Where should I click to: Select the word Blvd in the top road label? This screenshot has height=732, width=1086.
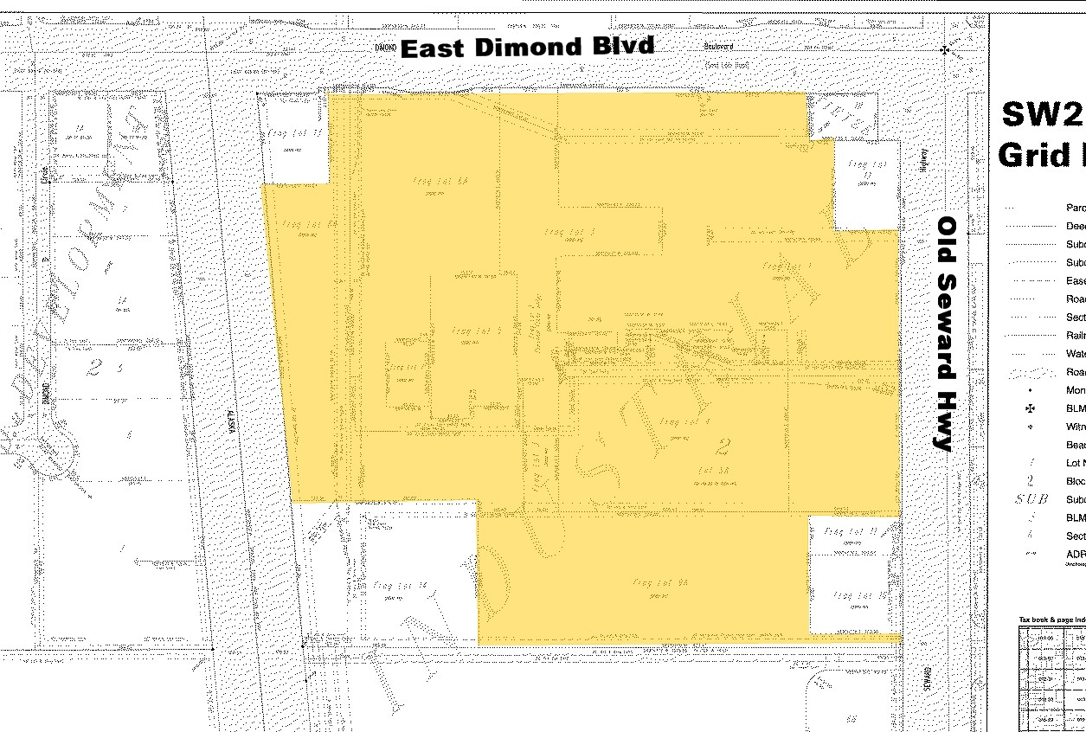(x=623, y=46)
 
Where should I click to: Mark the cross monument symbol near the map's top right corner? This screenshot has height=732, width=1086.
(x=945, y=50)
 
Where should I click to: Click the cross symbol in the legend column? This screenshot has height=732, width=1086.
(x=1030, y=408)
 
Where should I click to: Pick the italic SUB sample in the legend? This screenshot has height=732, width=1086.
(x=1031, y=500)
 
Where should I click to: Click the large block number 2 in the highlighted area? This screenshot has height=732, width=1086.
(x=722, y=446)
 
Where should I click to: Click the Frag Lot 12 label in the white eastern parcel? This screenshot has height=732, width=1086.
(x=866, y=166)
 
